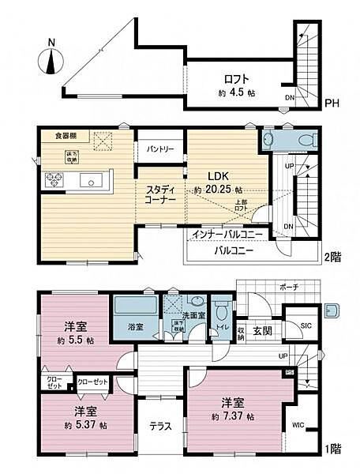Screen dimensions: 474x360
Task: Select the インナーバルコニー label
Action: point(229,234)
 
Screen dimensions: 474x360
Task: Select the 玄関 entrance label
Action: point(263,330)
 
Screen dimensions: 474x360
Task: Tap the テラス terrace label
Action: point(162,426)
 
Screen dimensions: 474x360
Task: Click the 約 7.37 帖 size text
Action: point(233,416)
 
